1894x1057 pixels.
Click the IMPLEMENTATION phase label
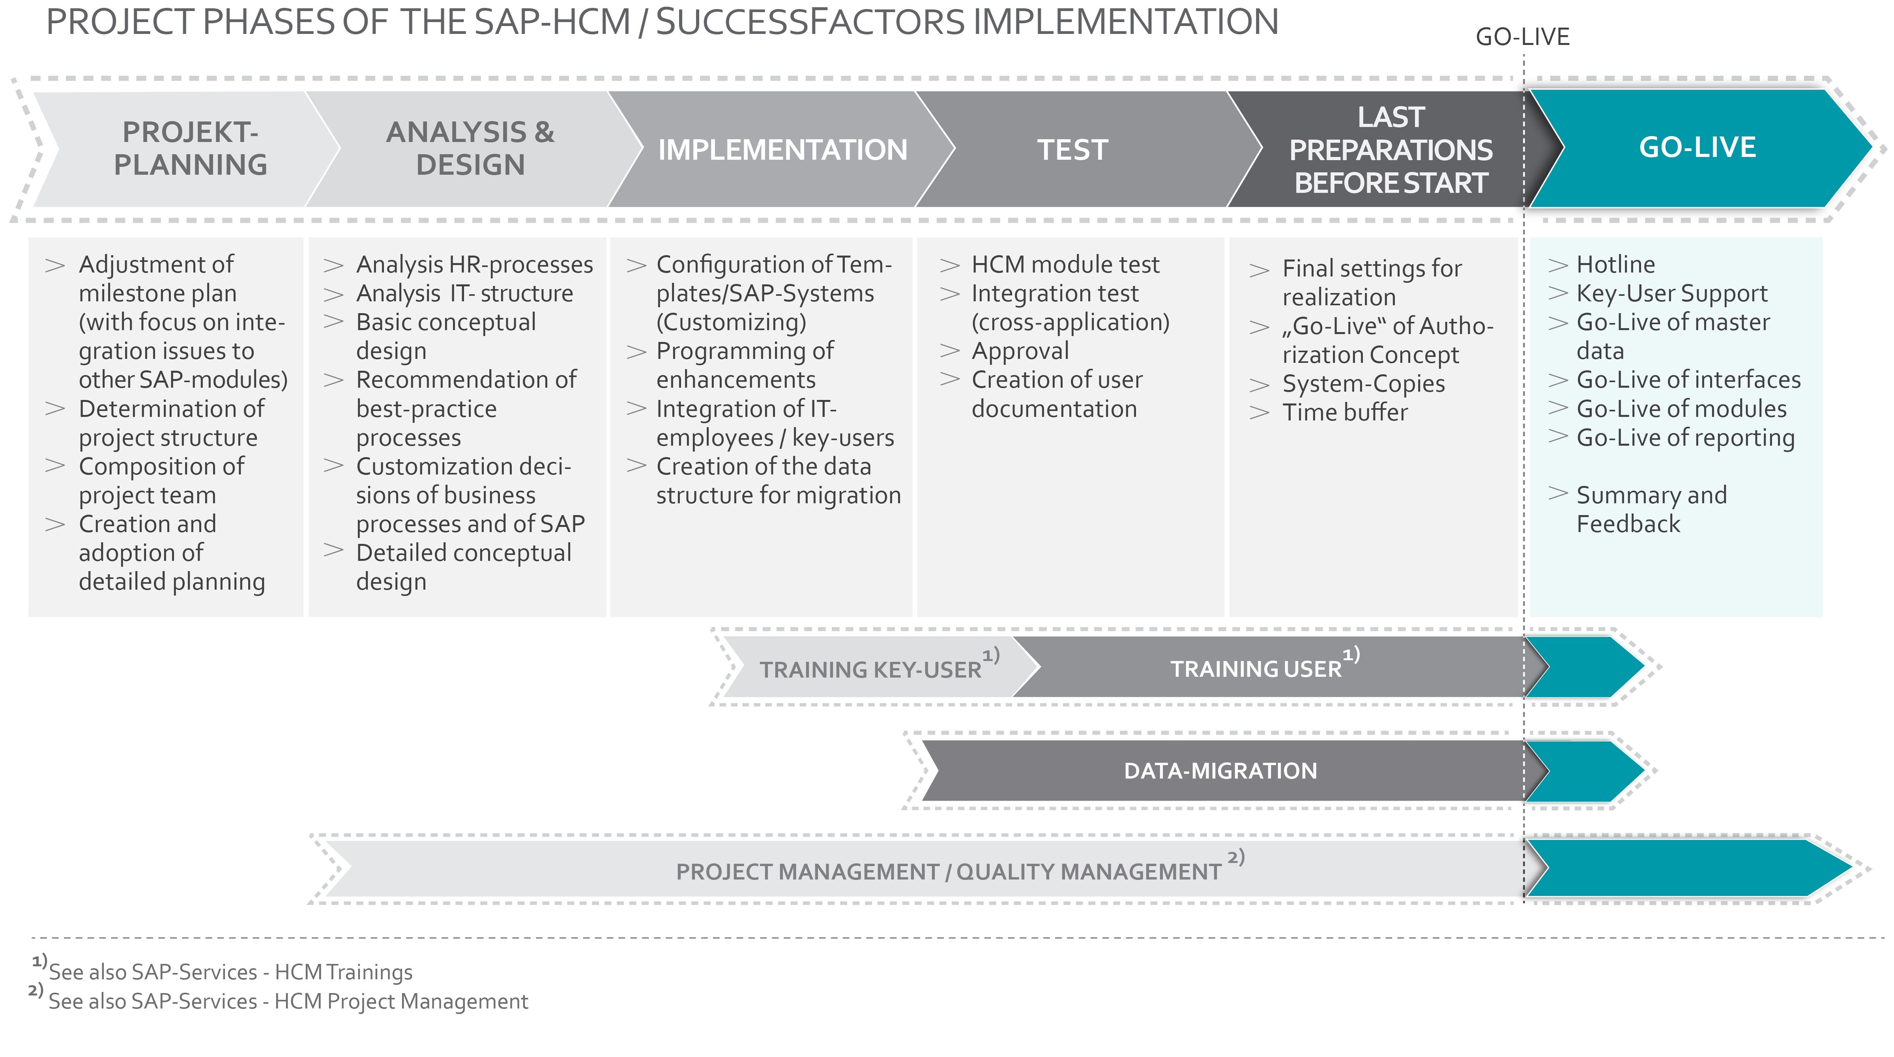782,150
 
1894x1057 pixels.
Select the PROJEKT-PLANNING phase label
191,148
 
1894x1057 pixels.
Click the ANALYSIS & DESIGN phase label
471,148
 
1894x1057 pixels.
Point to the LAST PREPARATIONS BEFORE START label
1391,150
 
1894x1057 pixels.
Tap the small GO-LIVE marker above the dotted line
1523,37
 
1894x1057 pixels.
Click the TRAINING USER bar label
1256,669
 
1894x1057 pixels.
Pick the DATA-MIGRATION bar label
1220,770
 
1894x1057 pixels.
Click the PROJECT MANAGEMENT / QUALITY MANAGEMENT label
949,872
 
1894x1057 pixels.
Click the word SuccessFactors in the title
810,22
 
